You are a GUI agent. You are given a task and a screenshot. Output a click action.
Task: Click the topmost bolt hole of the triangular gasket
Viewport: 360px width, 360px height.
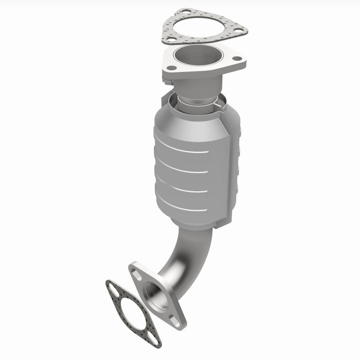click(x=185, y=11)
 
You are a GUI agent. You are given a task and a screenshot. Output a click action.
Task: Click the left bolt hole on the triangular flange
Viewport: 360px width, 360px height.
click(x=171, y=67)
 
